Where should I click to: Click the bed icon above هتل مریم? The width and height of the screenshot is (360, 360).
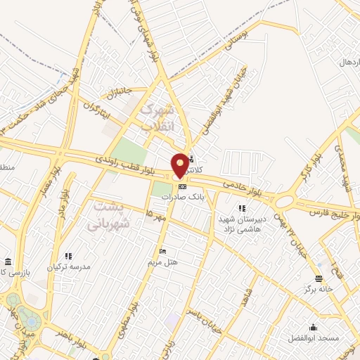pyautogui.click(x=163, y=252)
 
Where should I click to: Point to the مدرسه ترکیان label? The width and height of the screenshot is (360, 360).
pyautogui.click(x=68, y=267)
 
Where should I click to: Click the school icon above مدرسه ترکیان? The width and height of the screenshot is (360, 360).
pyautogui.click(x=68, y=256)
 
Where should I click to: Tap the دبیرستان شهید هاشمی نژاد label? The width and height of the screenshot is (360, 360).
pyautogui.click(x=241, y=224)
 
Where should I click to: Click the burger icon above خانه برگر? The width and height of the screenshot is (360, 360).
pyautogui.click(x=319, y=278)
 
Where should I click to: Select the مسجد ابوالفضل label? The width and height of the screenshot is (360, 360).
pyautogui.click(x=313, y=338)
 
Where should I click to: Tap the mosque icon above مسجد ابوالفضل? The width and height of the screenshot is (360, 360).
pyautogui.click(x=313, y=327)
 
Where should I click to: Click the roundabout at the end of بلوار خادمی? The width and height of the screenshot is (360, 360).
pyautogui.click(x=285, y=201)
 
